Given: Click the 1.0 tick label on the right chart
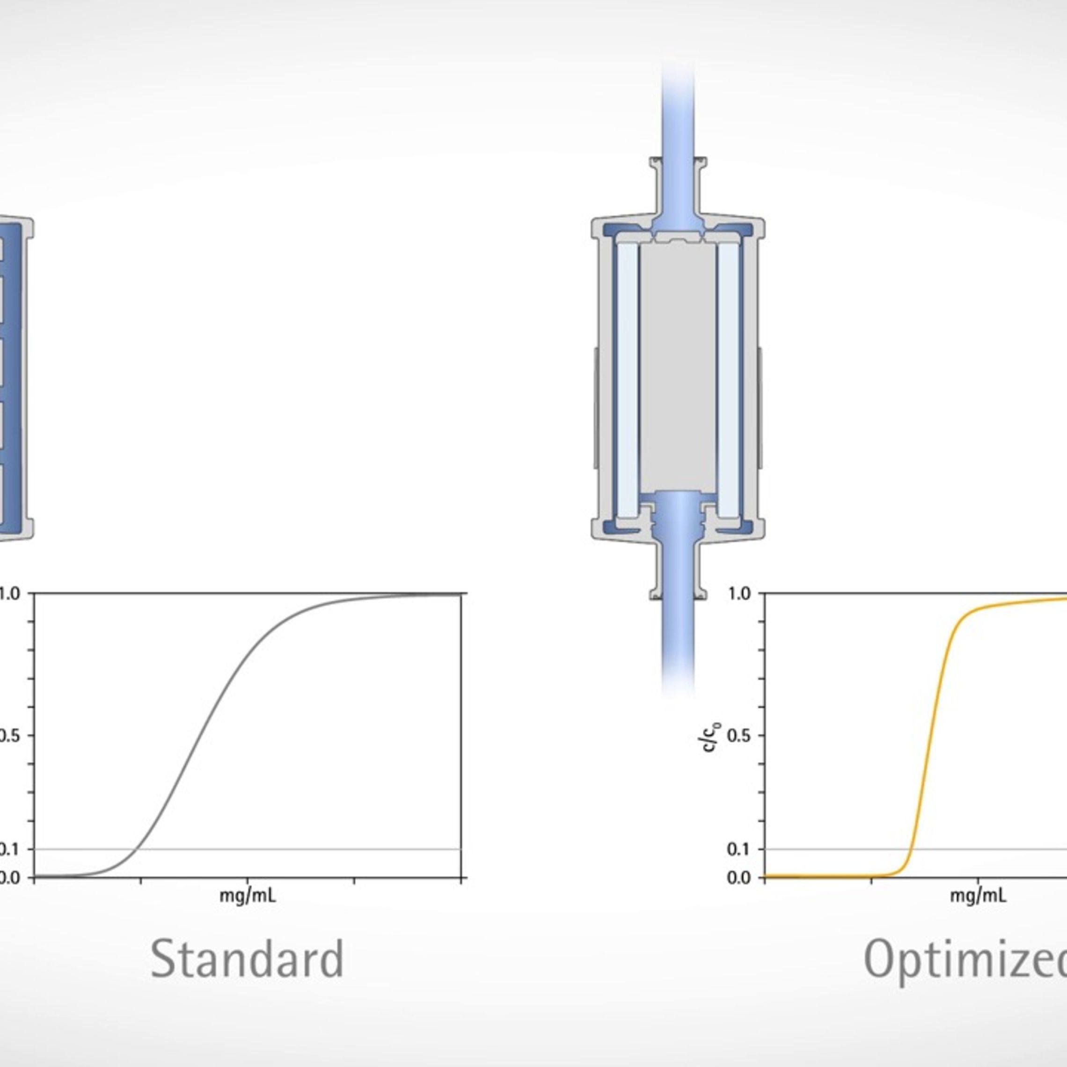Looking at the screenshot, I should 740,594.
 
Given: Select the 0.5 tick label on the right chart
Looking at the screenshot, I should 740,736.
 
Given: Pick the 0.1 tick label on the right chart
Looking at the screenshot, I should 740,849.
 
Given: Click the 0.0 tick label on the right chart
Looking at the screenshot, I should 740,877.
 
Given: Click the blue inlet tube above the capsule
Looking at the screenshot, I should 678,110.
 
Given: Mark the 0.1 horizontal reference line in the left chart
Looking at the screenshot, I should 331,849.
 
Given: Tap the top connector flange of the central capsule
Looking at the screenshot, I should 678,162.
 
